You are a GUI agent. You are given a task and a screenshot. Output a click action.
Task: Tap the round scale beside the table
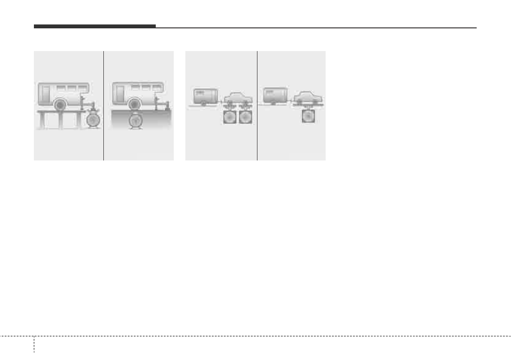click(x=93, y=120)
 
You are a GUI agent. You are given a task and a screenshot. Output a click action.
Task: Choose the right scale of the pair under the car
click(x=246, y=117)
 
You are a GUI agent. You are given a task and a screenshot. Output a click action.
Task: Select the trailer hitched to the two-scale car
click(x=206, y=96)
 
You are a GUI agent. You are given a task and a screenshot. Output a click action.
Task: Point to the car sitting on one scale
click(x=308, y=97)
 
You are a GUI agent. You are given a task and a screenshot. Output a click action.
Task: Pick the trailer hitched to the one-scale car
click(x=275, y=95)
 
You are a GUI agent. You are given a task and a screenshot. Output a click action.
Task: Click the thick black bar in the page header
click(x=94, y=27)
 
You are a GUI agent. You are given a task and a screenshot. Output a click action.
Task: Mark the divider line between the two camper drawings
click(x=104, y=106)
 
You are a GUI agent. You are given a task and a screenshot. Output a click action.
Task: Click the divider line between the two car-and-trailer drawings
click(x=257, y=106)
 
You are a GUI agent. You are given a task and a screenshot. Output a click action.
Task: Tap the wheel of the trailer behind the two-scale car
click(x=203, y=103)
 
